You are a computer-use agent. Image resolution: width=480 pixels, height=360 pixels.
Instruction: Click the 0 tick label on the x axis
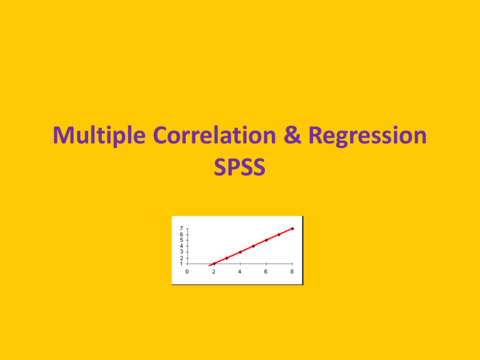click(187, 271)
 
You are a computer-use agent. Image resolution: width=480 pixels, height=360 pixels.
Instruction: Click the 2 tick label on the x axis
click(214, 271)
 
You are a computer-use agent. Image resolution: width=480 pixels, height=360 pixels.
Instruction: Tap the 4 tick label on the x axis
click(240, 271)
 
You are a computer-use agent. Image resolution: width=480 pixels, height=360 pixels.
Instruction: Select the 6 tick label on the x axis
click(266, 271)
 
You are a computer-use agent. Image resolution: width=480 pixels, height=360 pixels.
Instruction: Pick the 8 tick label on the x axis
click(292, 271)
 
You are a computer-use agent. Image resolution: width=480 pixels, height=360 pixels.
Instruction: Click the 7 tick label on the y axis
click(181, 229)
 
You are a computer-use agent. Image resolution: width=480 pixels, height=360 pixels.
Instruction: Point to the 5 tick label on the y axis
click(181, 240)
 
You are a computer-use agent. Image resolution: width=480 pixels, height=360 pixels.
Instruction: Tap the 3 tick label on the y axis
click(181, 252)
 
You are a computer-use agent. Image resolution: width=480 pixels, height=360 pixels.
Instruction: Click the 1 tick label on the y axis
click(181, 264)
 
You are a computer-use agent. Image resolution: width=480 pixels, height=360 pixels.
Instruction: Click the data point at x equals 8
click(292, 229)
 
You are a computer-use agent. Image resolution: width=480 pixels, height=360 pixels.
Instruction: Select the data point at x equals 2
click(214, 264)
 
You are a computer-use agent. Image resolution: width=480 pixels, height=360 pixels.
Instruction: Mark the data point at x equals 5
click(253, 246)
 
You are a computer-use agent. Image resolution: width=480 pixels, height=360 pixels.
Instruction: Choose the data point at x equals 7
click(279, 234)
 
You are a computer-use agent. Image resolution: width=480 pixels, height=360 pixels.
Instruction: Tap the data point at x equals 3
click(227, 258)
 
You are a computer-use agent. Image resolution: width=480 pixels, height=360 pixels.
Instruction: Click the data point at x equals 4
click(240, 252)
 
